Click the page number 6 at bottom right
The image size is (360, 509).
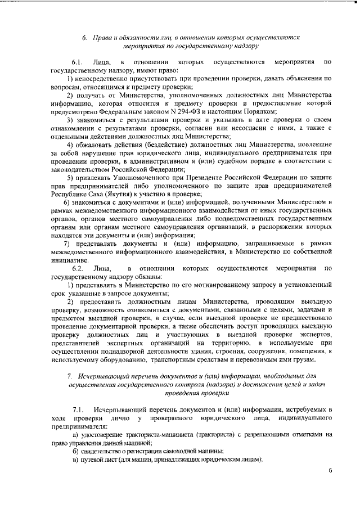click(331, 470)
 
